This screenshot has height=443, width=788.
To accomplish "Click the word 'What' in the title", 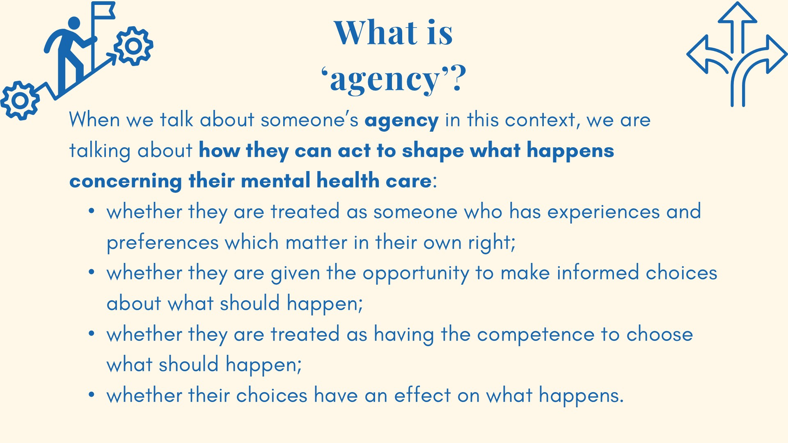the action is (376, 33).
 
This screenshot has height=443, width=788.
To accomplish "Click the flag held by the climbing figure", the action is (103, 11).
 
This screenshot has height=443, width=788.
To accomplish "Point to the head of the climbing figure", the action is (74, 23).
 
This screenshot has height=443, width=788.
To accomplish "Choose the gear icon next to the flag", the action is (133, 46).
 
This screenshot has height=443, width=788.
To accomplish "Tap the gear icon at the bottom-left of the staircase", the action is (20, 100).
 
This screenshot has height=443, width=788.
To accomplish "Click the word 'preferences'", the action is (163, 243).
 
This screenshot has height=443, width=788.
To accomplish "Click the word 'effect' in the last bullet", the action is (422, 395).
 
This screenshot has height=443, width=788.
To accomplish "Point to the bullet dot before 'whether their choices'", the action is (92, 395).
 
